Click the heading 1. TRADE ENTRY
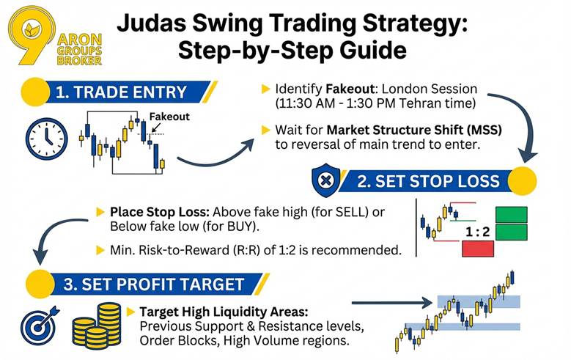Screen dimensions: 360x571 click(121, 92)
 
